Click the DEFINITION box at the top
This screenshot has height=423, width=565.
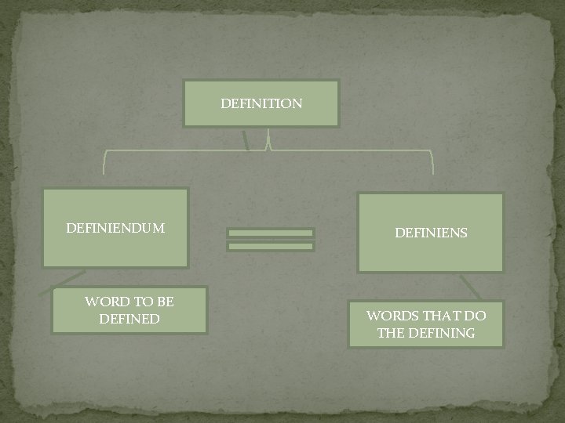pyautogui.click(x=261, y=103)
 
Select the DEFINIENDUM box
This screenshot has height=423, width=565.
pyautogui.click(x=115, y=228)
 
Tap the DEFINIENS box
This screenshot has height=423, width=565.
pyautogui.click(x=430, y=232)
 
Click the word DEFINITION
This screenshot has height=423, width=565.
pyautogui.click(x=261, y=103)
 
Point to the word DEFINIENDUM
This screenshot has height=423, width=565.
pyautogui.click(x=115, y=229)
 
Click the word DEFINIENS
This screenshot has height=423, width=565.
pyautogui.click(x=431, y=233)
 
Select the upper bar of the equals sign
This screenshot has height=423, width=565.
pyautogui.click(x=271, y=233)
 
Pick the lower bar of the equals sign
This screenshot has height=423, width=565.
pyautogui.click(x=271, y=246)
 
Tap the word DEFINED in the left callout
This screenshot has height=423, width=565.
pyautogui.click(x=129, y=319)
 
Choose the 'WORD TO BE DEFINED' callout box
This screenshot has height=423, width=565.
pyautogui.click(x=129, y=310)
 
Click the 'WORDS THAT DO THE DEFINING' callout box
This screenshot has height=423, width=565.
pyautogui.click(x=427, y=324)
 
